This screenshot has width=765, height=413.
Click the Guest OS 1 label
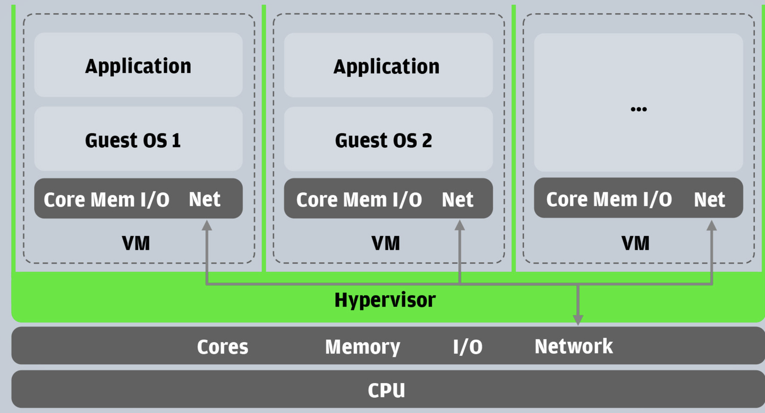click(x=133, y=140)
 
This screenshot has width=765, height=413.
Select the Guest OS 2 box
click(x=388, y=139)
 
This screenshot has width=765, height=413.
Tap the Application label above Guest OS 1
click(x=138, y=66)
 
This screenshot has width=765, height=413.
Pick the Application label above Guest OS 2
click(x=386, y=66)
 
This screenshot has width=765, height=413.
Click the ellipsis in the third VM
click(x=638, y=109)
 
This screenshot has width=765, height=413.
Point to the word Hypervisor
click(x=385, y=300)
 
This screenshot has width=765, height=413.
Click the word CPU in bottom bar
click(x=386, y=390)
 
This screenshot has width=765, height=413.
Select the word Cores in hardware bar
click(x=223, y=347)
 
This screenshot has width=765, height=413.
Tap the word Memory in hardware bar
click(x=362, y=347)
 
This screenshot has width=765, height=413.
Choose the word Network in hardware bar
click(x=573, y=346)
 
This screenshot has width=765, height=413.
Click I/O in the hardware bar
click(x=467, y=347)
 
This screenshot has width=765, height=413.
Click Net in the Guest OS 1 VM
click(x=205, y=199)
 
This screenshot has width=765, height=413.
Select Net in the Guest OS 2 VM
click(x=457, y=200)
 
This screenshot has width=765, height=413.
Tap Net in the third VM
click(x=709, y=200)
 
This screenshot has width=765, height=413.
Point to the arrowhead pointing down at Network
click(x=578, y=319)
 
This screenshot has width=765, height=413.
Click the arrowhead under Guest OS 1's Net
click(x=207, y=226)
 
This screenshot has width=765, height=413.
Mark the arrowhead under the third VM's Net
click(x=712, y=226)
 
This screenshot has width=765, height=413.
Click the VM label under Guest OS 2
click(x=385, y=243)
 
